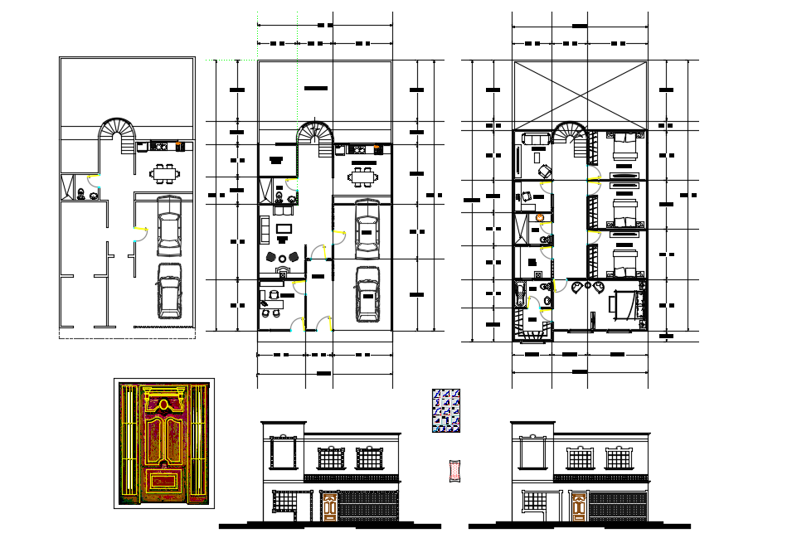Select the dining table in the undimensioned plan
click(163, 173)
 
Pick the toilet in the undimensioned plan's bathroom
click(80, 195)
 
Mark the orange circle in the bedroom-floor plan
click(540, 218)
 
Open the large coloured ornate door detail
click(163, 443)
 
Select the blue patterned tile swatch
click(446, 411)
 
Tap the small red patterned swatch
click(454, 471)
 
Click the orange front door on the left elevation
click(329, 507)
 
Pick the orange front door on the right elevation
click(579, 507)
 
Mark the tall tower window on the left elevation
click(283, 454)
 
